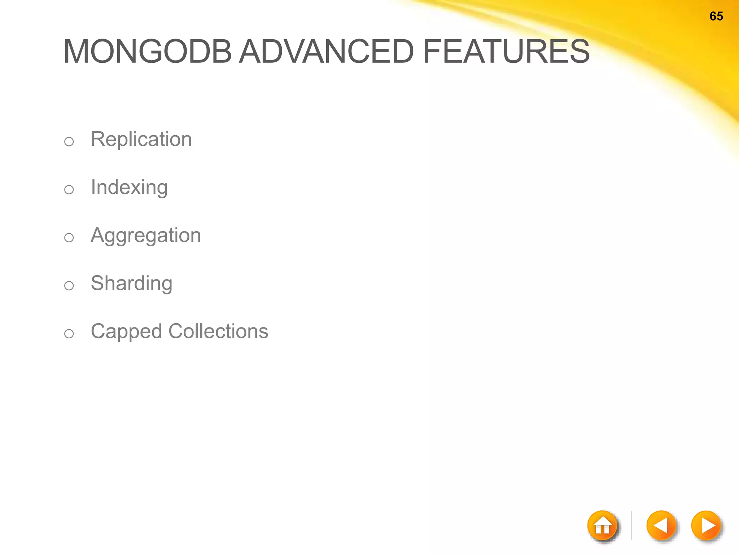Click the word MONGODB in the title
tap(147, 52)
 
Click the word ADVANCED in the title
tap(327, 52)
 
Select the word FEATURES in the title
tap(506, 52)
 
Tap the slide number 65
tap(716, 16)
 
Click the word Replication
tap(141, 139)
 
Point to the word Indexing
tap(129, 188)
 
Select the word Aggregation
tap(146, 236)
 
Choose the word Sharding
tap(131, 283)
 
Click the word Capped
tap(126, 332)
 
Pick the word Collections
tap(218, 331)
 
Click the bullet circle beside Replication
tap(69, 141)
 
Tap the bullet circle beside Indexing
tap(69, 189)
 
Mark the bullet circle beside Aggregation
tap(69, 237)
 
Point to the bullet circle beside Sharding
tap(69, 286)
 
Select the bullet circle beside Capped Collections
tap(69, 334)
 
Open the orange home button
tap(602, 525)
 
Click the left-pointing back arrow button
tap(661, 525)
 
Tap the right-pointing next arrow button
tap(706, 525)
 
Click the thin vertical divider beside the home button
tap(631, 525)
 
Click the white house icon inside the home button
tap(603, 527)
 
